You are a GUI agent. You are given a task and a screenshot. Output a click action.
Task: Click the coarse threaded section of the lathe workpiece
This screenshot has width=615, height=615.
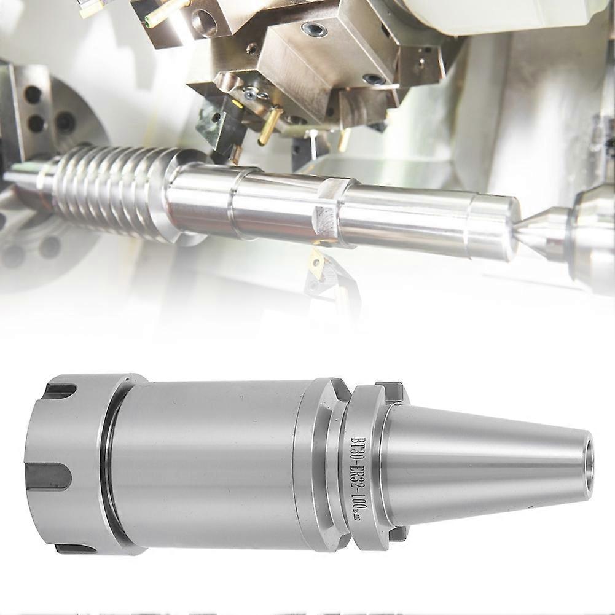pyautogui.click(x=104, y=190)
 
